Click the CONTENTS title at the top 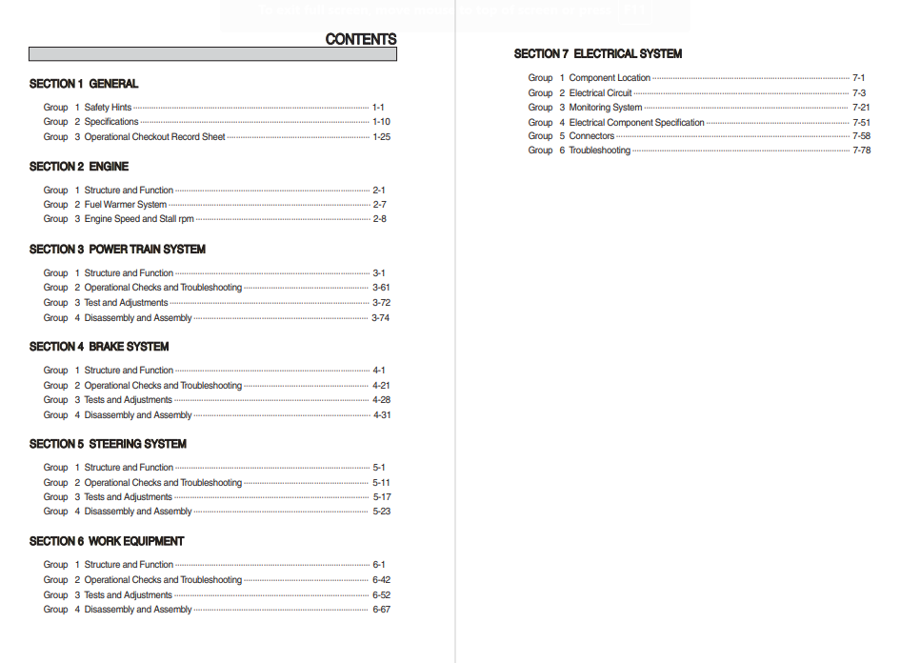(x=360, y=39)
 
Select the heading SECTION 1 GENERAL (x=84, y=84)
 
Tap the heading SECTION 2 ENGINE (x=79, y=167)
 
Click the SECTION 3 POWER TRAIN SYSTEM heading (x=117, y=250)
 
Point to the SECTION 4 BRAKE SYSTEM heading (x=99, y=347)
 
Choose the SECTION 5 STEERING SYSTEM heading (x=108, y=444)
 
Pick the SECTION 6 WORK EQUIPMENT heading (x=107, y=541)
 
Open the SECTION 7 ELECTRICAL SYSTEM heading (x=598, y=54)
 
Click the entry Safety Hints (x=108, y=108)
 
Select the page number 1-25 (x=381, y=137)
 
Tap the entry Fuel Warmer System (x=126, y=205)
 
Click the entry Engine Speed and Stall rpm (x=139, y=219)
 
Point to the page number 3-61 (x=381, y=288)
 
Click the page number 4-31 (x=381, y=415)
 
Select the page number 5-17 (x=381, y=497)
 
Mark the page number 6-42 (x=381, y=580)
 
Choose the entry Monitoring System (x=606, y=108)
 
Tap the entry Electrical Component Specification (x=637, y=123)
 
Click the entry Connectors (x=591, y=136)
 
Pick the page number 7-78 (x=861, y=151)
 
